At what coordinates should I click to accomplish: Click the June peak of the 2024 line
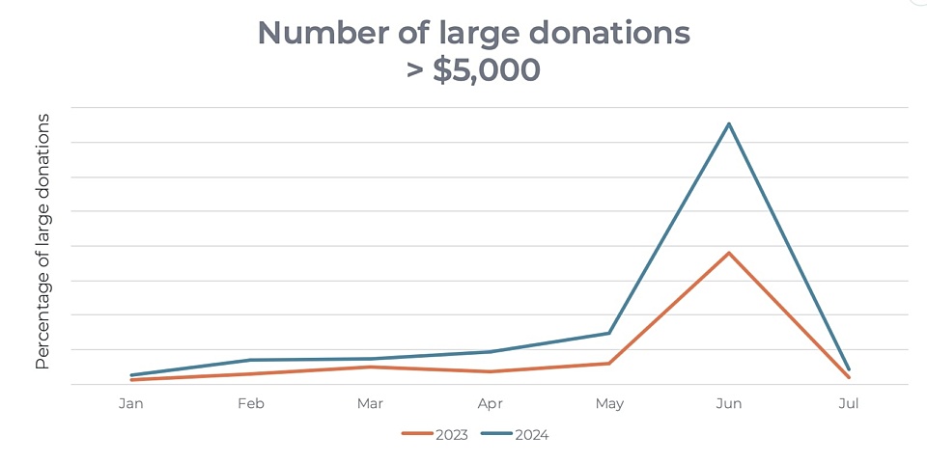pos(729,123)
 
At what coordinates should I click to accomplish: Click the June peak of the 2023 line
pos(729,253)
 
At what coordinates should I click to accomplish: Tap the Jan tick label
pos(131,403)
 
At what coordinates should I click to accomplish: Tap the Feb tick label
pos(251,403)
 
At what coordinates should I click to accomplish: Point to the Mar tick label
pos(370,403)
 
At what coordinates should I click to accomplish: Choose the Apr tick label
pos(490,403)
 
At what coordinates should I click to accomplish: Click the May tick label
pos(609,403)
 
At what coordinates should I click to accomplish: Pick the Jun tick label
pos(729,403)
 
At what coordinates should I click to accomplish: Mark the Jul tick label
pos(849,403)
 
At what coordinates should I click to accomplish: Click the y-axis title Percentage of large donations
pos(42,241)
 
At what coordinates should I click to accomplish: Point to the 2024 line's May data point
pos(609,333)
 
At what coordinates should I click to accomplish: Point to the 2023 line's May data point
pos(609,364)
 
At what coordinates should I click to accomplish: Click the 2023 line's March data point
pos(370,367)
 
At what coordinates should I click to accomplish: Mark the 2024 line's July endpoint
pos(849,369)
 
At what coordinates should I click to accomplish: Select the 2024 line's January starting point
pos(131,375)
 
